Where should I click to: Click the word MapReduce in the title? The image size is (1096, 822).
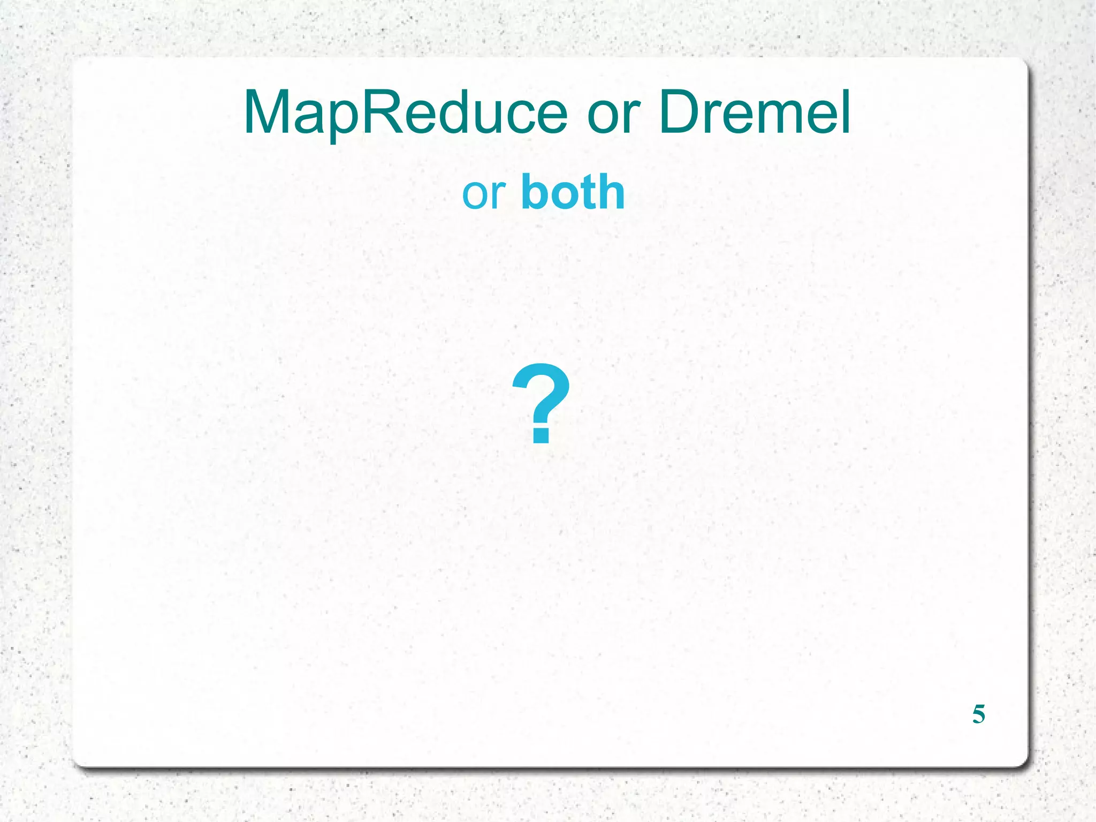point(405,113)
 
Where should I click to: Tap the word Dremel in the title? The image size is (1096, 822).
point(754,113)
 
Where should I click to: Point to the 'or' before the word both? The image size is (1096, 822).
point(483,195)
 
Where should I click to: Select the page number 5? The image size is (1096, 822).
point(978,714)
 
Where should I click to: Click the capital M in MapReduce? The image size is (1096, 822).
point(268,113)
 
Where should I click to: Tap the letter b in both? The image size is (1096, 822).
point(535,192)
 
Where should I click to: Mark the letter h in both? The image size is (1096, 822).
point(610,192)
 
